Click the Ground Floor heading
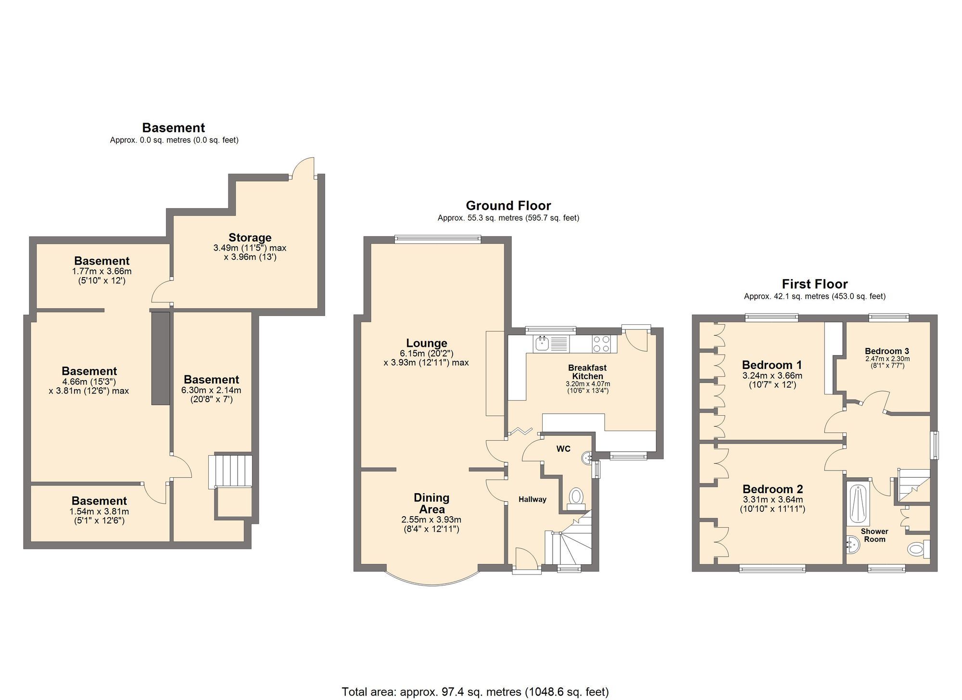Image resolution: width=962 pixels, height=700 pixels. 508,205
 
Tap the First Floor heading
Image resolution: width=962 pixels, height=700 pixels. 814,284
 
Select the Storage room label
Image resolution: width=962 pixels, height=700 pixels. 250,237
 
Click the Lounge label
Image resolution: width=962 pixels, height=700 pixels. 427,343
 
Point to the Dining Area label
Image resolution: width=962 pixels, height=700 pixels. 431,503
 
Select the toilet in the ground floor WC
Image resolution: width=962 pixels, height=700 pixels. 576,498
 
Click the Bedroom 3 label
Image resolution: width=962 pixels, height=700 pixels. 887,351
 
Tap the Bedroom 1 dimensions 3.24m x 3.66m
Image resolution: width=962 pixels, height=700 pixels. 772,375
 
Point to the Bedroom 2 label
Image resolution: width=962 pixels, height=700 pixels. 772,489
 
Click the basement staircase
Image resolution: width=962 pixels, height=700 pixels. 230,472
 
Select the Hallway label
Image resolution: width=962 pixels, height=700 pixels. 532,499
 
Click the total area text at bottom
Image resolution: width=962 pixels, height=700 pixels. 475,692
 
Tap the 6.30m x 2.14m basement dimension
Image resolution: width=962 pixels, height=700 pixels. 211,390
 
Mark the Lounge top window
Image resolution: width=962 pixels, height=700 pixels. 438,238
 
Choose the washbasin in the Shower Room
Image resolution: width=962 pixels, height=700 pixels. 852,546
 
